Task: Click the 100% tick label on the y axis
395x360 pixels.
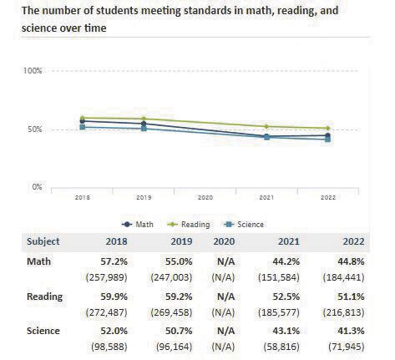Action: coord(33,71)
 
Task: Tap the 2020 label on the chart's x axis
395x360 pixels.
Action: coord(205,198)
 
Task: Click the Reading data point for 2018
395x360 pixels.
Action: coord(82,118)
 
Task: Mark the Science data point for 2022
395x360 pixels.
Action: coord(327,139)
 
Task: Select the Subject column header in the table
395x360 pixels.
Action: coord(43,241)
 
